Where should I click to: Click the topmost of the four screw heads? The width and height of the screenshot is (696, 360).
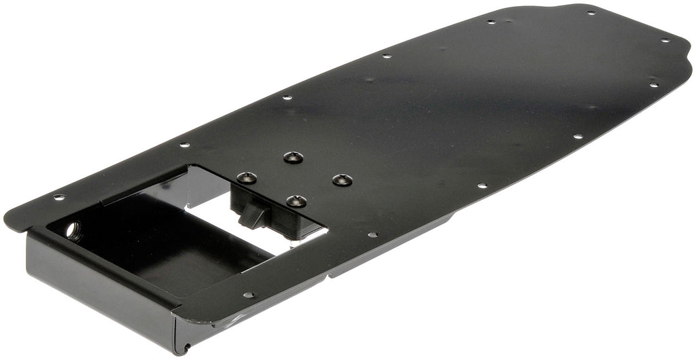point(292,158)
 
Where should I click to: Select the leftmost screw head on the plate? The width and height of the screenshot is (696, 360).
point(247,178)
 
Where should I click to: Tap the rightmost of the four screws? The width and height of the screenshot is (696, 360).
point(342,180)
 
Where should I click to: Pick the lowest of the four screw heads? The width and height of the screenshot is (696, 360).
point(296,201)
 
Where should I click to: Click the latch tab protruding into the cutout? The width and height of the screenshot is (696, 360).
point(252,217)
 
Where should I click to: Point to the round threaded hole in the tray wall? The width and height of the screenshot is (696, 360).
point(72,230)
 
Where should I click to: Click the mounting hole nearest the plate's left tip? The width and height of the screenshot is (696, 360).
point(59,198)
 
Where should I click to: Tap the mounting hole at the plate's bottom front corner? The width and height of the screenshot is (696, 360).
point(248,295)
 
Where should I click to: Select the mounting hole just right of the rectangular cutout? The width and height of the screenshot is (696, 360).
point(372,235)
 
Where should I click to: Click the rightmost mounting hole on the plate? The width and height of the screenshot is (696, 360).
point(665,40)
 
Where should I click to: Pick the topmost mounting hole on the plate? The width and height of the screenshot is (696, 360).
point(589,12)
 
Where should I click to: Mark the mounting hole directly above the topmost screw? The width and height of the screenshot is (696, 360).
point(287,98)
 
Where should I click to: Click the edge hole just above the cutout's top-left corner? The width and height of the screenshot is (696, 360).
point(184,145)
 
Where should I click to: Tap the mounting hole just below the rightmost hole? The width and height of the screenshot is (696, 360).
point(653,85)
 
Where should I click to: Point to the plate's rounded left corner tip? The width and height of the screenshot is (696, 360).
point(10,221)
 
